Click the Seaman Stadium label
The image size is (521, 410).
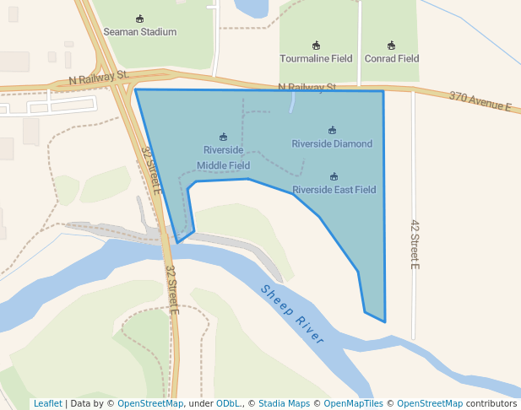tap(139, 32)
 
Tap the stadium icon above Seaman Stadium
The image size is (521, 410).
tap(139, 19)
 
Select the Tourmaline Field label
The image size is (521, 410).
tap(316, 59)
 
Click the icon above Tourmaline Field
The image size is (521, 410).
tap(316, 46)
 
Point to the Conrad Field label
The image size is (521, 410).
tap(391, 59)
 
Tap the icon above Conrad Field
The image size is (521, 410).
tap(391, 46)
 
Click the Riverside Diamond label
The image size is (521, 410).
tap(332, 143)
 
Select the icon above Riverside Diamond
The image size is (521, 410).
tap(332, 130)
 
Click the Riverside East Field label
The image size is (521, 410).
tap(334, 190)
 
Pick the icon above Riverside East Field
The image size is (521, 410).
tap(334, 176)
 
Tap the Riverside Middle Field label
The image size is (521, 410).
tap(223, 158)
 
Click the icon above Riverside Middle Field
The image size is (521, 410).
tap(223, 137)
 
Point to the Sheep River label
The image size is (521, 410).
tap(292, 315)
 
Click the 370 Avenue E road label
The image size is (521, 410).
tap(480, 102)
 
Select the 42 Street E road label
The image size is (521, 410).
tap(415, 244)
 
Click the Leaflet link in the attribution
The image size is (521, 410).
tap(47, 403)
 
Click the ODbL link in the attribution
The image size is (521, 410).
tap(228, 403)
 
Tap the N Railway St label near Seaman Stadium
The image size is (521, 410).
tap(100, 77)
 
